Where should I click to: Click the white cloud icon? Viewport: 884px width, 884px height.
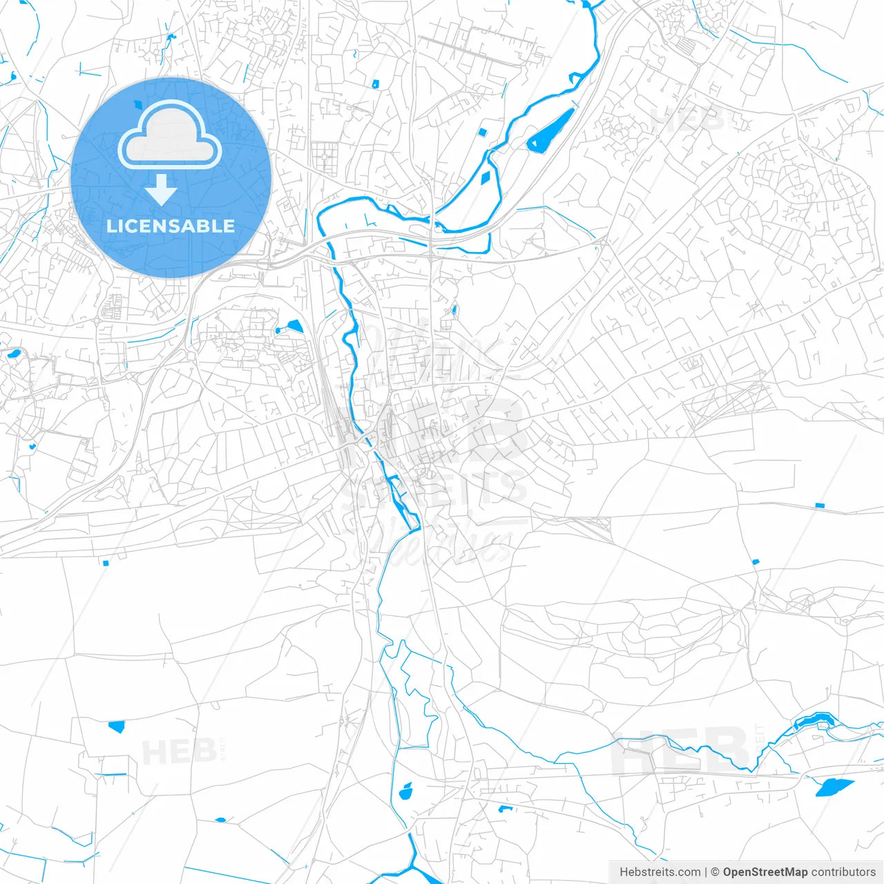(170, 134)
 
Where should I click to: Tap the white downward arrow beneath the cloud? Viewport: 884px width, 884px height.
(162, 189)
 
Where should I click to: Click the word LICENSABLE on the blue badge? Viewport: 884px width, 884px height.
(171, 226)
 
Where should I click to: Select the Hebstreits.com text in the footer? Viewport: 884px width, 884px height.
(660, 872)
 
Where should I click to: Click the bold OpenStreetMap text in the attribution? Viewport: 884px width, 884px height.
(765, 872)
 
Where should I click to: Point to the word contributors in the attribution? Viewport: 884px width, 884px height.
(843, 872)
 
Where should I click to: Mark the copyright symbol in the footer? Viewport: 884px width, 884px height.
(715, 872)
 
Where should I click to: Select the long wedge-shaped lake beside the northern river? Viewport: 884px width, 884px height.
(550, 131)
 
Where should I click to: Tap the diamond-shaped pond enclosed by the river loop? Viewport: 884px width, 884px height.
(487, 176)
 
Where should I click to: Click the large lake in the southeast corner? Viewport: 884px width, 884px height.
(834, 787)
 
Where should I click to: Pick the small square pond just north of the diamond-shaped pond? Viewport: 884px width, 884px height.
(483, 132)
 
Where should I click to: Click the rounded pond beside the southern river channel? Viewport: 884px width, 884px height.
(406, 791)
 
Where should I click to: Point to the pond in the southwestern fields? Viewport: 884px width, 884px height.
(116, 726)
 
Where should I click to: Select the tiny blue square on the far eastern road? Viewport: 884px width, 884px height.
(820, 506)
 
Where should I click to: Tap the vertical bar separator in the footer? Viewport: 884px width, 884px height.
(706, 872)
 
